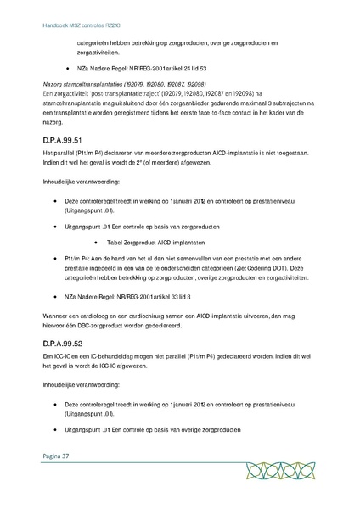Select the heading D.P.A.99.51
coord(60,139)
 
